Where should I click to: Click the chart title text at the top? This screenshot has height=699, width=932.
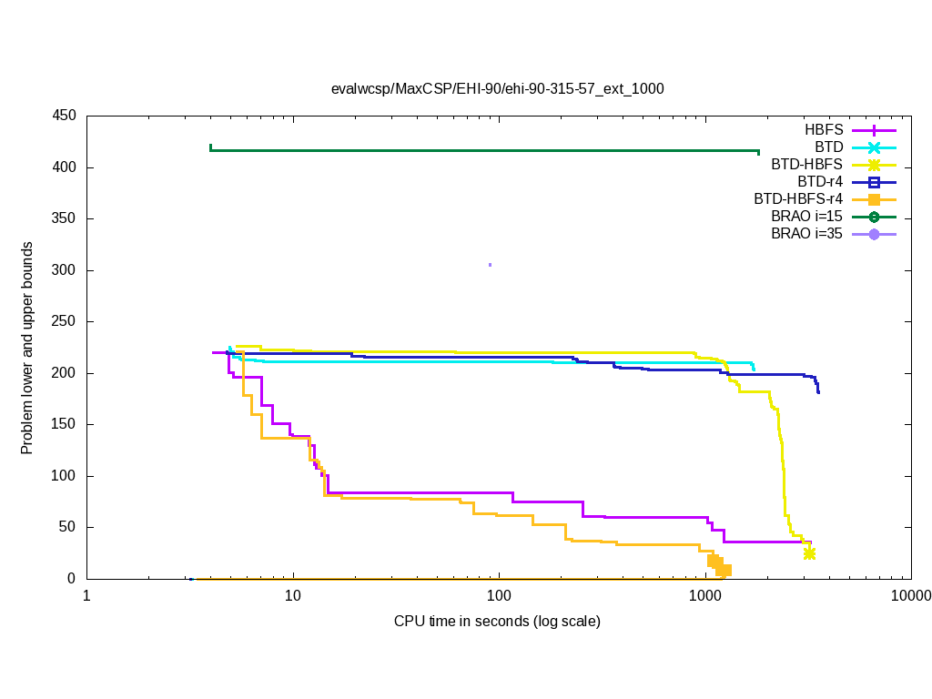[x=497, y=89]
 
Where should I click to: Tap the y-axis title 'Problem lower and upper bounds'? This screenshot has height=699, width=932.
[x=28, y=349]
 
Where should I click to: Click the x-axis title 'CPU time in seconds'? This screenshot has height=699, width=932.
[x=497, y=622]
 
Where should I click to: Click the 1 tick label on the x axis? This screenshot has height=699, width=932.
[x=86, y=596]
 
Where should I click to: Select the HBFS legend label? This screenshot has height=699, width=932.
[x=824, y=130]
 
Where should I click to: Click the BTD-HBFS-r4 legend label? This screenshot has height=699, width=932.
[x=798, y=199]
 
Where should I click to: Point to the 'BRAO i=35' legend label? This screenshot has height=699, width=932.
[x=806, y=234]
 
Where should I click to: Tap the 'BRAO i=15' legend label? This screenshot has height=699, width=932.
[x=806, y=217]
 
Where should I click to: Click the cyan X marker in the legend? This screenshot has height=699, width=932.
[x=874, y=147]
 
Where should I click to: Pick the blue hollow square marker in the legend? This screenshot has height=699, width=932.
[x=874, y=182]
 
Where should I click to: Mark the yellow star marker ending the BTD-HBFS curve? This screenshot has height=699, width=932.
[x=809, y=553]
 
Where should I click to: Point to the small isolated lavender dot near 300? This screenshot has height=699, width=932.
[x=490, y=265]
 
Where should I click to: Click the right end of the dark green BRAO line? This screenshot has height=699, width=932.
[x=758, y=151]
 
